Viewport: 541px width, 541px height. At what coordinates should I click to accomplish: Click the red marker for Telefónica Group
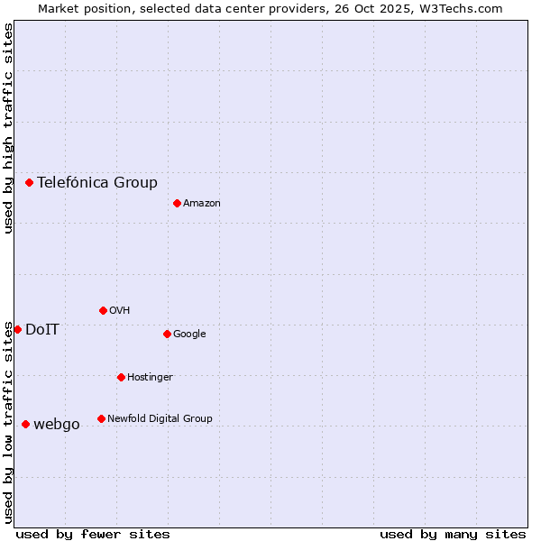[29, 182]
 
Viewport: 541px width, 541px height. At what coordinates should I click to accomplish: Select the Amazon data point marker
[177, 203]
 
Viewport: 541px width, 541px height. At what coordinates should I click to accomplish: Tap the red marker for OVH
[103, 310]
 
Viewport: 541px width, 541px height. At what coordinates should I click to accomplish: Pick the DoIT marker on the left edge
[17, 329]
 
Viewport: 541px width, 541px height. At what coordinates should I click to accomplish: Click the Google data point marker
[167, 334]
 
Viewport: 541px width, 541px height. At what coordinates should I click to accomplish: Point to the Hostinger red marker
[121, 377]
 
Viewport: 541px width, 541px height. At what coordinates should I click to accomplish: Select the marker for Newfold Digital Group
[101, 418]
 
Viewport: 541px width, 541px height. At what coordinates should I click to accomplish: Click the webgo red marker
[25, 424]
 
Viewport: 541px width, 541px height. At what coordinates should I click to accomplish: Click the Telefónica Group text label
[97, 182]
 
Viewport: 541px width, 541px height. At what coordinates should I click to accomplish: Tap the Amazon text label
[202, 203]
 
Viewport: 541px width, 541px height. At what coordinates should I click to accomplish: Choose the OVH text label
[120, 310]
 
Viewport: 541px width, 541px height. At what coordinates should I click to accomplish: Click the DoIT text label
[42, 329]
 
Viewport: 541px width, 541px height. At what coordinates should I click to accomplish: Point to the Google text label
[189, 334]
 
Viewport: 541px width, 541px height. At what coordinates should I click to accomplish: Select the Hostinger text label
[150, 377]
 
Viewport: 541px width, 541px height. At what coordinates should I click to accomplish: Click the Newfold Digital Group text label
[160, 418]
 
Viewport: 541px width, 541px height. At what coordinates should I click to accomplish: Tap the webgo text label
[57, 424]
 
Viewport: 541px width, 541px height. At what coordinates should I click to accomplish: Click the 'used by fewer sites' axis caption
[93, 534]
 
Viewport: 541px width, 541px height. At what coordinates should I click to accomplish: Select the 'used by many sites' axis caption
[453, 534]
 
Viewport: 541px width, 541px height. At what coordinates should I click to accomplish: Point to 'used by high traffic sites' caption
[8, 128]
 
